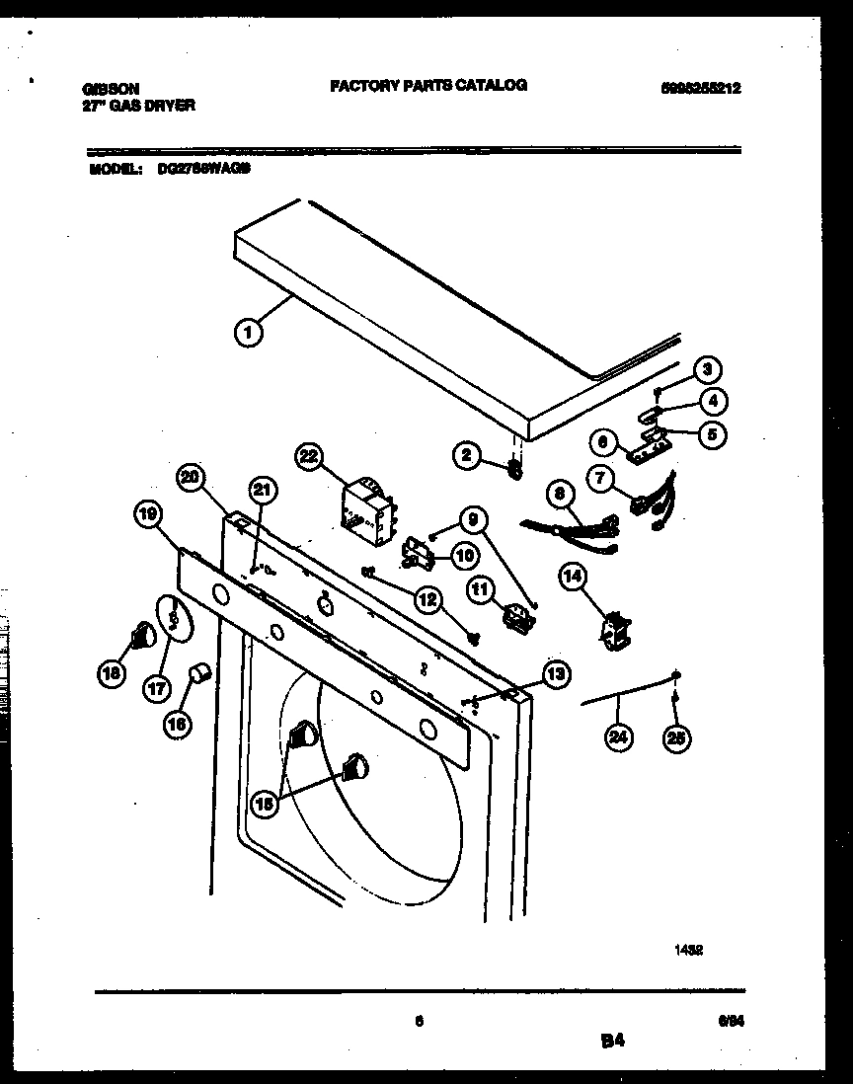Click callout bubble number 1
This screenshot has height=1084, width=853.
point(249,334)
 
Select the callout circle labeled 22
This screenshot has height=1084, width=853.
point(311,455)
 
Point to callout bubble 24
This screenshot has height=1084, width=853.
point(619,737)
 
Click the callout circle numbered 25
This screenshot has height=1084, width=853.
point(675,737)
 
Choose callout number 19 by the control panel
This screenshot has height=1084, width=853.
point(148,513)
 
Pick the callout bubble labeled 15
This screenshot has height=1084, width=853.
point(264,804)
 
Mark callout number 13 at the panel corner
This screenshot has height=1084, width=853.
point(555,674)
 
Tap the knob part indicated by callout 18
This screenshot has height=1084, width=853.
point(143,635)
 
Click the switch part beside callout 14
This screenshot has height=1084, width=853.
point(616,630)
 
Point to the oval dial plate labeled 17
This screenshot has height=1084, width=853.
point(173,617)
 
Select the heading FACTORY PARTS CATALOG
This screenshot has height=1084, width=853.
point(427,86)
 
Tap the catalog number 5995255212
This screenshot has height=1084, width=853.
point(700,88)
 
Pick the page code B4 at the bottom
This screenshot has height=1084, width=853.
point(612,1040)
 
